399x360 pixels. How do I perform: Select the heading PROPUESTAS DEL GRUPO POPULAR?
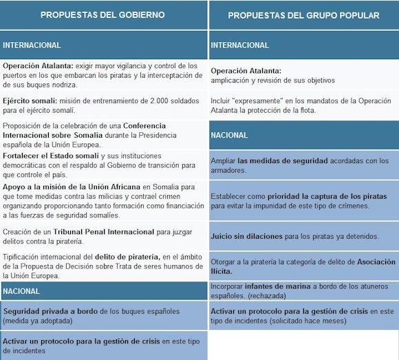tap(303, 14)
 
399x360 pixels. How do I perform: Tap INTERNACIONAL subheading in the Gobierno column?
tap(32, 45)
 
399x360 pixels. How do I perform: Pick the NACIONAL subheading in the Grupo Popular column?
tap(229, 135)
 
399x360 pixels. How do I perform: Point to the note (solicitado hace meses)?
tap(312, 321)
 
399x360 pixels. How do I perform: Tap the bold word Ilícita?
tap(226, 271)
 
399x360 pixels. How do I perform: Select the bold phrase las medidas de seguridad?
tap(287, 161)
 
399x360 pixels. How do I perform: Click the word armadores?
tap(228, 170)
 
